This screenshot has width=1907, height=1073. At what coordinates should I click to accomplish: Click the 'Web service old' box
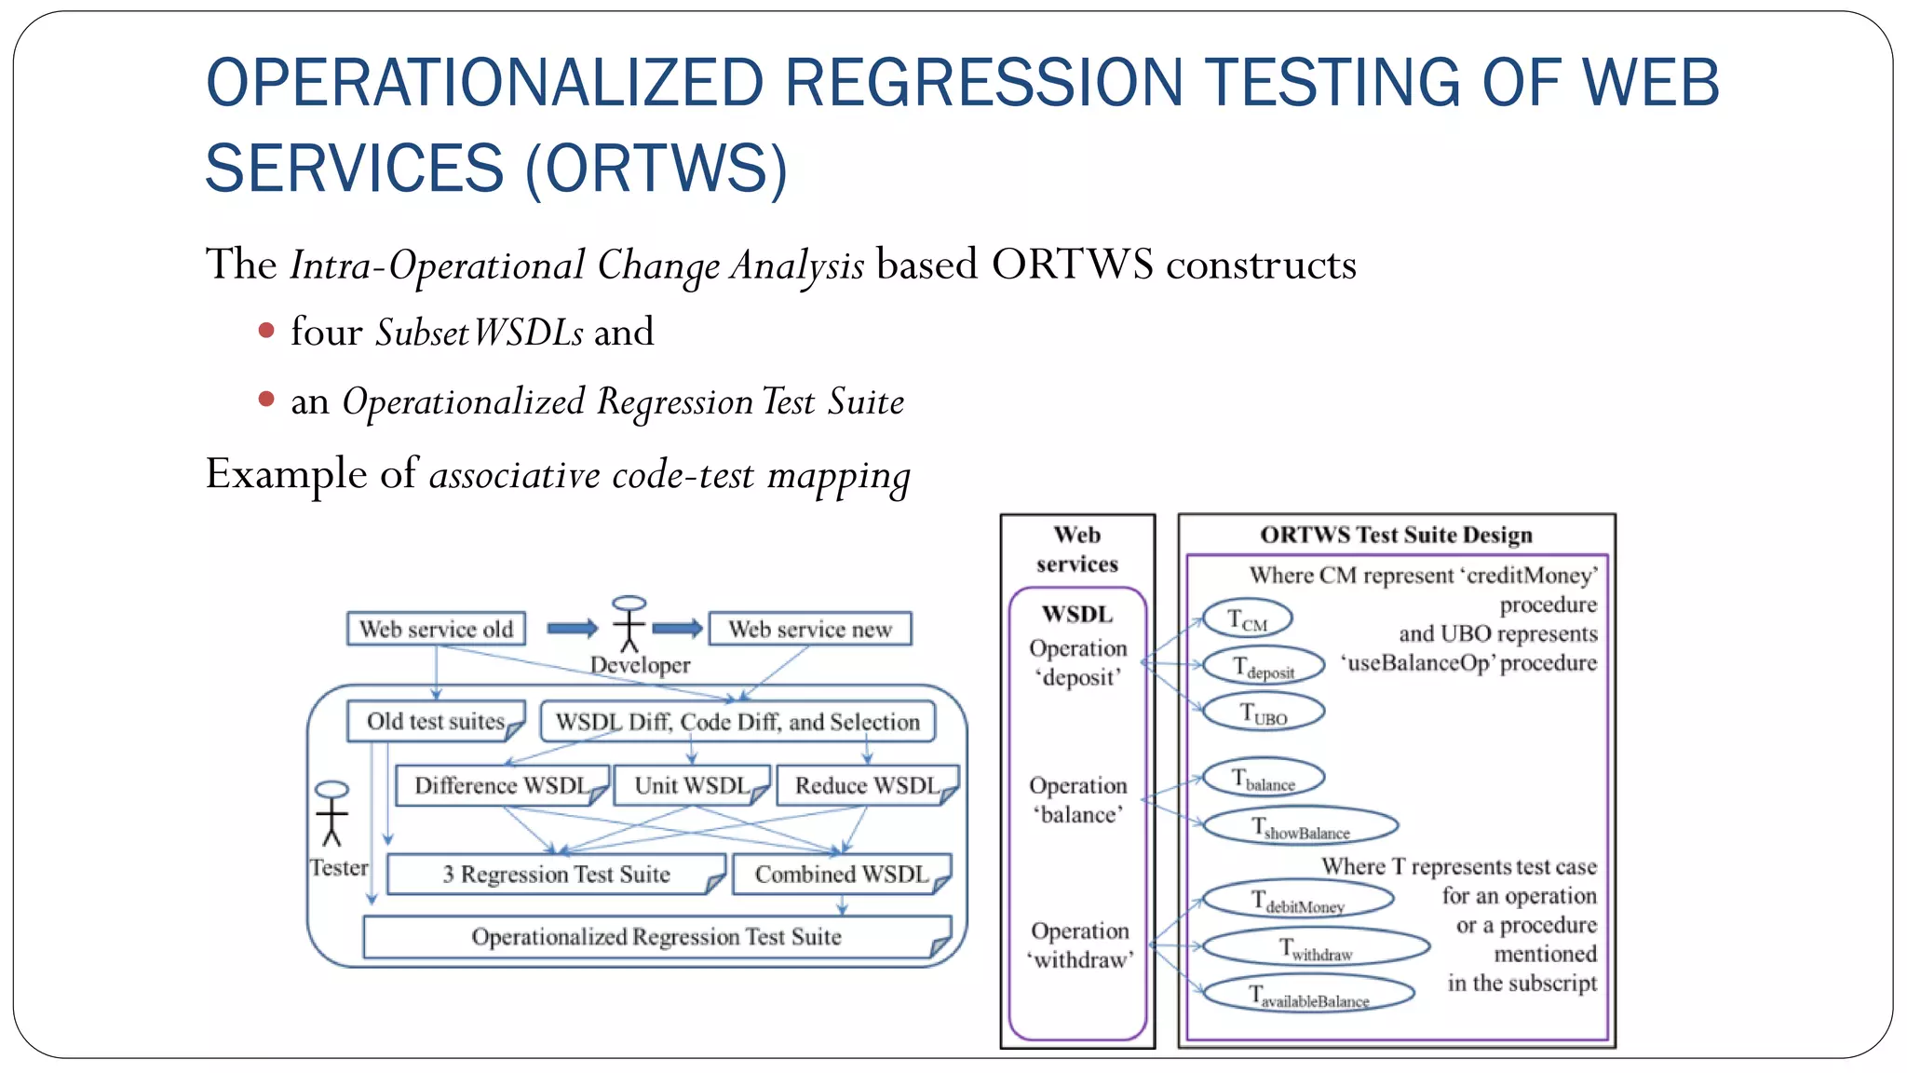(436, 629)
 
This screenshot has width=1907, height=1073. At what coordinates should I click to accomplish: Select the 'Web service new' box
(809, 629)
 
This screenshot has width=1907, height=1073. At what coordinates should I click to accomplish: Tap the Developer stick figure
(629, 624)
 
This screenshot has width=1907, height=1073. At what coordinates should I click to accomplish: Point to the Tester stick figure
(331, 813)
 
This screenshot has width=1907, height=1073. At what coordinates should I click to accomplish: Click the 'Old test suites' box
(435, 721)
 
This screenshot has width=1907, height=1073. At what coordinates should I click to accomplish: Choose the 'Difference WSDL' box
(501, 785)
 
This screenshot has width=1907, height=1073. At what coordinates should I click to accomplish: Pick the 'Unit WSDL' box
(691, 785)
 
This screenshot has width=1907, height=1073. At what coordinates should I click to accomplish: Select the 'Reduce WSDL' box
(866, 785)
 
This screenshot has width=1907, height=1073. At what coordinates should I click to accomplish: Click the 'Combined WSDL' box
(841, 874)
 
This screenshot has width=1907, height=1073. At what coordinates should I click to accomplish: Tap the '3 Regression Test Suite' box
(556, 874)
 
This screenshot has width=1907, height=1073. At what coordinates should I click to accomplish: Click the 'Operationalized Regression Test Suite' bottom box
(656, 936)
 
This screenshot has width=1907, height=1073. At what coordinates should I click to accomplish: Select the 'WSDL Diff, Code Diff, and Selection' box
(737, 722)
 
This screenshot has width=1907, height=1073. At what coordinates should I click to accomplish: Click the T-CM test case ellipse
(1247, 618)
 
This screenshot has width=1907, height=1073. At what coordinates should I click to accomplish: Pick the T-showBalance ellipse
(1300, 826)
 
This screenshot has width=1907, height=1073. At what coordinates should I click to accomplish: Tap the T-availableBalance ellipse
(1308, 994)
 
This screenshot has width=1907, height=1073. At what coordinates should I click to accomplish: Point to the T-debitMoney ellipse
(1298, 900)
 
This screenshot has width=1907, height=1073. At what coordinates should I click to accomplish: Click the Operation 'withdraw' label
(1080, 944)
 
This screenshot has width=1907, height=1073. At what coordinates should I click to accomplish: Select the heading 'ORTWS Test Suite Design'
(1396, 535)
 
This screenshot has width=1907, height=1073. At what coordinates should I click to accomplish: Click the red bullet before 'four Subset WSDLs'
(266, 331)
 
